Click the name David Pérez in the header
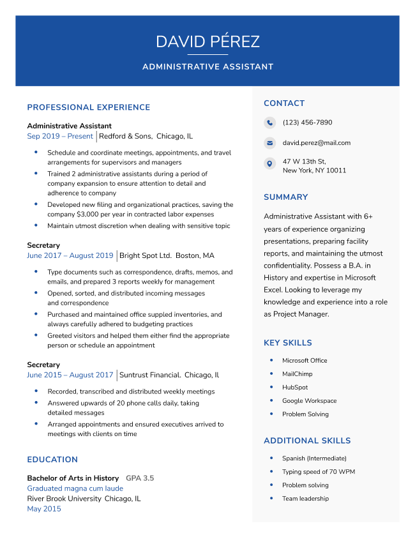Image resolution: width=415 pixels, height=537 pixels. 207,42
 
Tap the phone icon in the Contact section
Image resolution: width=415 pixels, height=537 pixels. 269,123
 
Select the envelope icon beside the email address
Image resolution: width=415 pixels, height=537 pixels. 269,143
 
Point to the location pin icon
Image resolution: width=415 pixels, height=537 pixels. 269,164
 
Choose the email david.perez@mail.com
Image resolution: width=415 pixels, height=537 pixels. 316,143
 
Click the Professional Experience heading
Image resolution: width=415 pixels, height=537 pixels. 88,107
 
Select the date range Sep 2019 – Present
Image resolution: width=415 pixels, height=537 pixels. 60,136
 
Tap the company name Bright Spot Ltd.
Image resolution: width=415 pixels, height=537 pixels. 146,255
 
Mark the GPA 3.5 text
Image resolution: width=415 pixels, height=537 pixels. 140,478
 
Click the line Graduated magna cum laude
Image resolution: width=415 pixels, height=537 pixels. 75,488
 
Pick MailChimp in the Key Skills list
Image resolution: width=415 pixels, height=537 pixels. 298,374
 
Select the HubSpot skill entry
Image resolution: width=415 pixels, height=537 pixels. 295,388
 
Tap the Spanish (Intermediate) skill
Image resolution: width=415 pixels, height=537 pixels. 314,458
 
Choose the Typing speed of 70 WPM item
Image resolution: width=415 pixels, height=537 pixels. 319,472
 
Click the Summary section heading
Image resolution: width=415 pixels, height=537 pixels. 285,197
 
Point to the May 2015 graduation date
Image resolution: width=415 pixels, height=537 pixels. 44,509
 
